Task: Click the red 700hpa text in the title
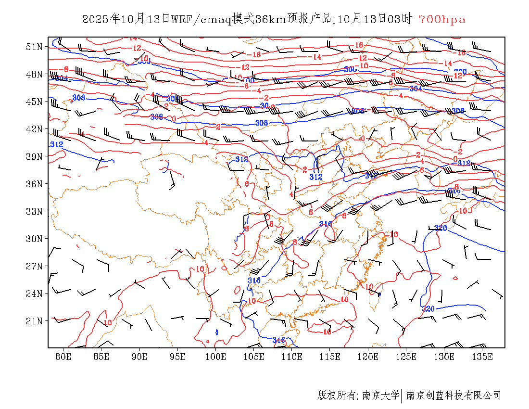coord(442,20)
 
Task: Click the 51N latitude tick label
coord(35,47)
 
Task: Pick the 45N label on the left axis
coord(35,102)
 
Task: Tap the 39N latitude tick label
coord(35,156)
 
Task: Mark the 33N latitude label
coord(35,211)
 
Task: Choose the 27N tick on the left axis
coord(35,266)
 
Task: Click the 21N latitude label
coord(35,321)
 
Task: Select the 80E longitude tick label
coord(63,357)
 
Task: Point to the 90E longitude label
coord(139,357)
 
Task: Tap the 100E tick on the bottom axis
coord(215,357)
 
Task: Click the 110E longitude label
coord(292,357)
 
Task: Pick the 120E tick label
coord(368,357)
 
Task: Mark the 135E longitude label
coord(482,357)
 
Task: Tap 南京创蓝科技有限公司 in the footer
coord(454,396)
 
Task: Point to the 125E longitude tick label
coord(406,357)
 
